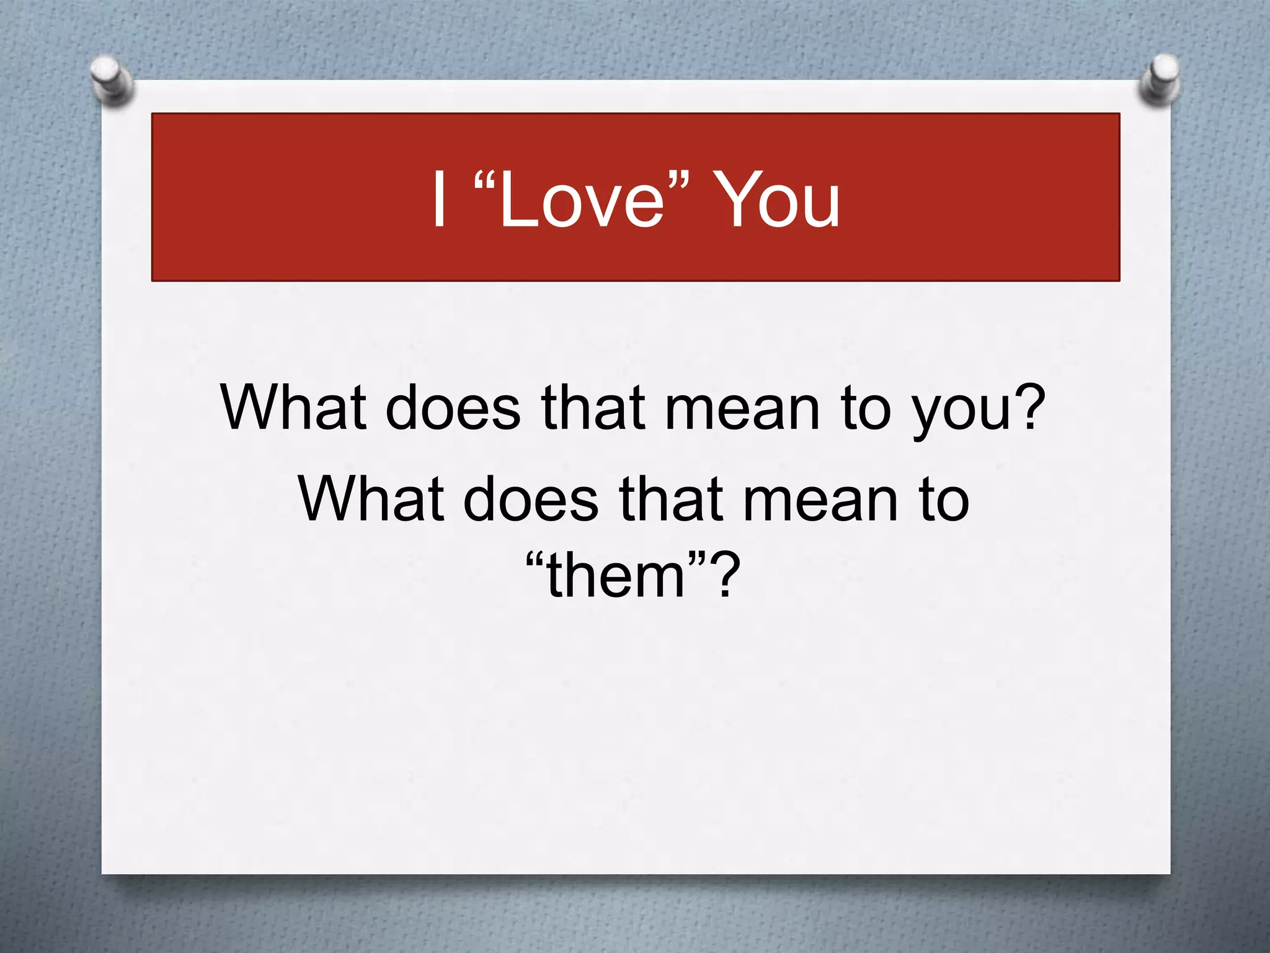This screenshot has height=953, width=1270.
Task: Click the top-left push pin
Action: click(x=112, y=81)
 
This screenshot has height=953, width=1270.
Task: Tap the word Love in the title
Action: click(x=580, y=200)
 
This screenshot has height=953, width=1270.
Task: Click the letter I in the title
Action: click(x=440, y=200)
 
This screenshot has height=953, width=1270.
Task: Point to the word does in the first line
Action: click(x=453, y=407)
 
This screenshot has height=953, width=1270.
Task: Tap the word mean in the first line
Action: click(x=742, y=407)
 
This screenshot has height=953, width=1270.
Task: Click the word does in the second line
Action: click(x=531, y=499)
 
